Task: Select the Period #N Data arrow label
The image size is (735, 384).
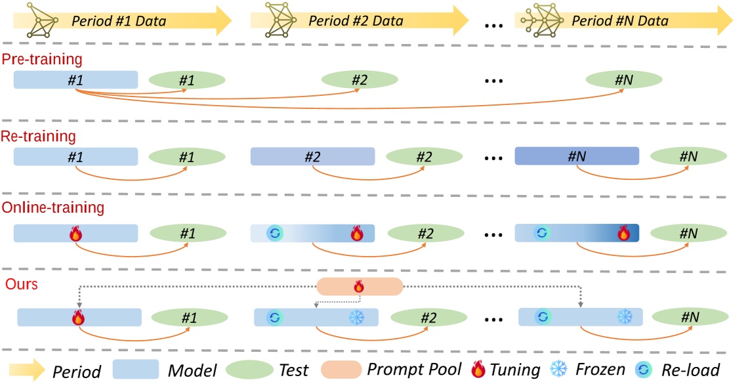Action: point(619,21)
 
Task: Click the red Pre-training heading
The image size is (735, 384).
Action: point(42,59)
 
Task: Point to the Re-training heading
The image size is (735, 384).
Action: point(39,137)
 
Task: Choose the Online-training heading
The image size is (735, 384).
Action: point(52,208)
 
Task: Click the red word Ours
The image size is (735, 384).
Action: point(21,284)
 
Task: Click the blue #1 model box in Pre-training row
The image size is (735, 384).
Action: point(75,80)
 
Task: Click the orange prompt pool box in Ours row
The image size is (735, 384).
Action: point(359,286)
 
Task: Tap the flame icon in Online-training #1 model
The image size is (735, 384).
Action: point(76,233)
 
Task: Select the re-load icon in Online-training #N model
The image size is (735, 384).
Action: point(541,233)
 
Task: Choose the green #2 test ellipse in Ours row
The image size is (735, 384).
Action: point(429,318)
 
